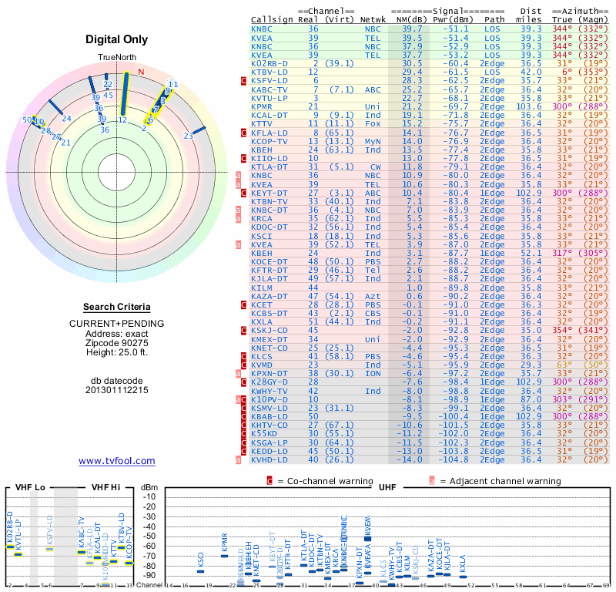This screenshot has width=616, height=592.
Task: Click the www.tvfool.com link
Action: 117,461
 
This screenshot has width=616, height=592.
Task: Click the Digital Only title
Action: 117,39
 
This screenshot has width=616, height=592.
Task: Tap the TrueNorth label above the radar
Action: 115,59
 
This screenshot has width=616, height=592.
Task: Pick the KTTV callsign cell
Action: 262,123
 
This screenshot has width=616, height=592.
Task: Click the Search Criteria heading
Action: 117,307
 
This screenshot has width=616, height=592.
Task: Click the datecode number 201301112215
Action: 117,390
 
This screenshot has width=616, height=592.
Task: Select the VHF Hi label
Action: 105,488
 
